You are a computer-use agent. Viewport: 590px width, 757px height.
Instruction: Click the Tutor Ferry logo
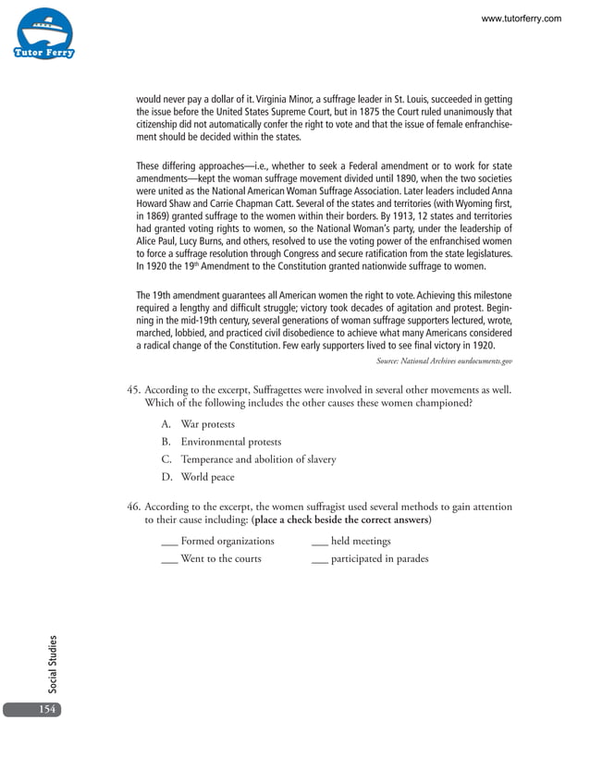coord(43,35)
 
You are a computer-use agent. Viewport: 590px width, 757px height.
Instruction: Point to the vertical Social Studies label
coord(53,663)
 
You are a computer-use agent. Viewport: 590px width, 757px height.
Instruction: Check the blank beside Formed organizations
coord(169,542)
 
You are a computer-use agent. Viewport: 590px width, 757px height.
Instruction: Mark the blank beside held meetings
coord(320,542)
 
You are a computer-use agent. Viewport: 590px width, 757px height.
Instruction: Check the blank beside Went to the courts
coord(169,559)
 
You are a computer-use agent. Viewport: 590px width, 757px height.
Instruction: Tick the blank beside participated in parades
coord(320,559)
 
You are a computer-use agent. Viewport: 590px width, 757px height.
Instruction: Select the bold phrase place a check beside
coord(305,520)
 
